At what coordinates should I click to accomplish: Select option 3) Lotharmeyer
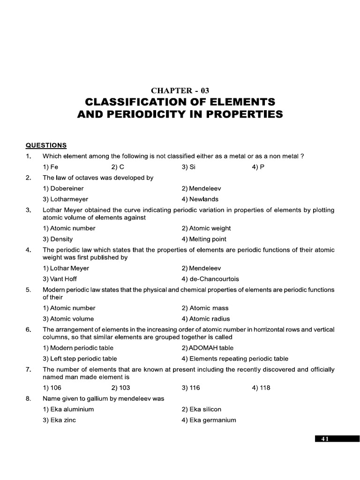[x=65, y=199]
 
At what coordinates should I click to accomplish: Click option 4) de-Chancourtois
[x=210, y=279]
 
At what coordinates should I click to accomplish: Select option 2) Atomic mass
[x=205, y=308]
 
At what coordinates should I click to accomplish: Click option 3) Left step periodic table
[x=80, y=359]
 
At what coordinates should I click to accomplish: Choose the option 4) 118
[x=261, y=388]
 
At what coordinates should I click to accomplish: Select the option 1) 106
[x=52, y=388]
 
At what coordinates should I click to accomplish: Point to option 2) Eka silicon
[x=201, y=409]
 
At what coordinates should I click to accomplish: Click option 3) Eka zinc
[x=59, y=420]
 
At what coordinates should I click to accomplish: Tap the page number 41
[x=325, y=439]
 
